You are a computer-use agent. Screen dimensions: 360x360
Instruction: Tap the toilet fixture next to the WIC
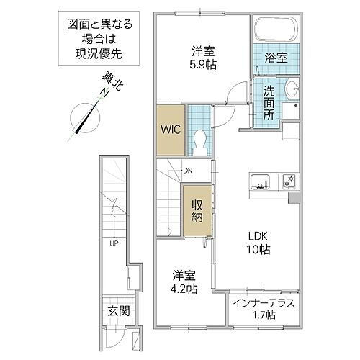coord(199,138)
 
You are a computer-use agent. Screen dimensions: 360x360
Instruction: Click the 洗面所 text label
coord(268,103)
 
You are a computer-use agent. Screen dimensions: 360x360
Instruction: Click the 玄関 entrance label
coord(118,311)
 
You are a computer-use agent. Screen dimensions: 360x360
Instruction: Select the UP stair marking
coord(112,243)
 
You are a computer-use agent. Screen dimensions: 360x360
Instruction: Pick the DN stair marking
coord(187,171)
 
